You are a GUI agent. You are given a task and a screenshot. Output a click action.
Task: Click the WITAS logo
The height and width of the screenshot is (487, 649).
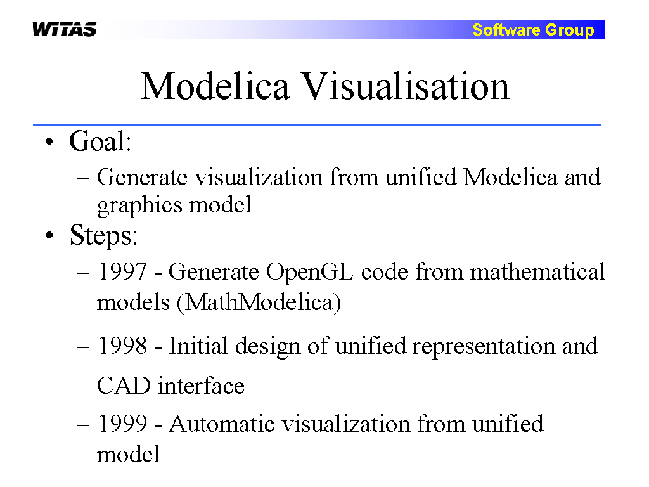(x=65, y=29)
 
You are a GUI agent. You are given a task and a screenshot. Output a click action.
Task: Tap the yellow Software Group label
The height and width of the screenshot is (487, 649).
(x=533, y=30)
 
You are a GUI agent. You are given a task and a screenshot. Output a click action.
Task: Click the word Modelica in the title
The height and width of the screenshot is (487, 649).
(x=215, y=86)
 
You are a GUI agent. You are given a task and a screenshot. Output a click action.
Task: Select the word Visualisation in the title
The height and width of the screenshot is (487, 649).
(x=406, y=86)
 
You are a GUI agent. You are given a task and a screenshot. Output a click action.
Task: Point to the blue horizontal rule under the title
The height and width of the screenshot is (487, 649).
(x=317, y=124)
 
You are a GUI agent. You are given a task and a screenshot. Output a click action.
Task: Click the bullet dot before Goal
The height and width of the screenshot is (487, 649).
(x=49, y=142)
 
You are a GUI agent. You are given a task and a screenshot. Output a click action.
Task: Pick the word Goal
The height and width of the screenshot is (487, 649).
(x=100, y=141)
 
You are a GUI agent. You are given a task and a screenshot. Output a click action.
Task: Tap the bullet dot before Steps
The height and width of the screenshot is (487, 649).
(x=49, y=236)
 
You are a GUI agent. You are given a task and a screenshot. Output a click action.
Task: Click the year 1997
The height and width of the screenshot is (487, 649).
(x=122, y=271)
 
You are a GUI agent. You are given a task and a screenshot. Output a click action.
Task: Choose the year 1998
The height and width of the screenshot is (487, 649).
(x=122, y=346)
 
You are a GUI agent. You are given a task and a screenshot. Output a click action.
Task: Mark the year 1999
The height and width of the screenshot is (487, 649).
(x=122, y=424)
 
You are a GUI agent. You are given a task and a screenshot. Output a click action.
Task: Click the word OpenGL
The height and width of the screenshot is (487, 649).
(x=309, y=273)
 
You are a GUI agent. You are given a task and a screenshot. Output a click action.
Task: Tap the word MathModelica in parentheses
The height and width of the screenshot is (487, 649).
(x=259, y=302)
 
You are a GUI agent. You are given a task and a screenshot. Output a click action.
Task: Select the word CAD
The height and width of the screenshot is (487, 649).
(x=124, y=386)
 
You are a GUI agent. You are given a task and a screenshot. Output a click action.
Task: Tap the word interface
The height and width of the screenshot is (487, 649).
(x=201, y=386)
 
